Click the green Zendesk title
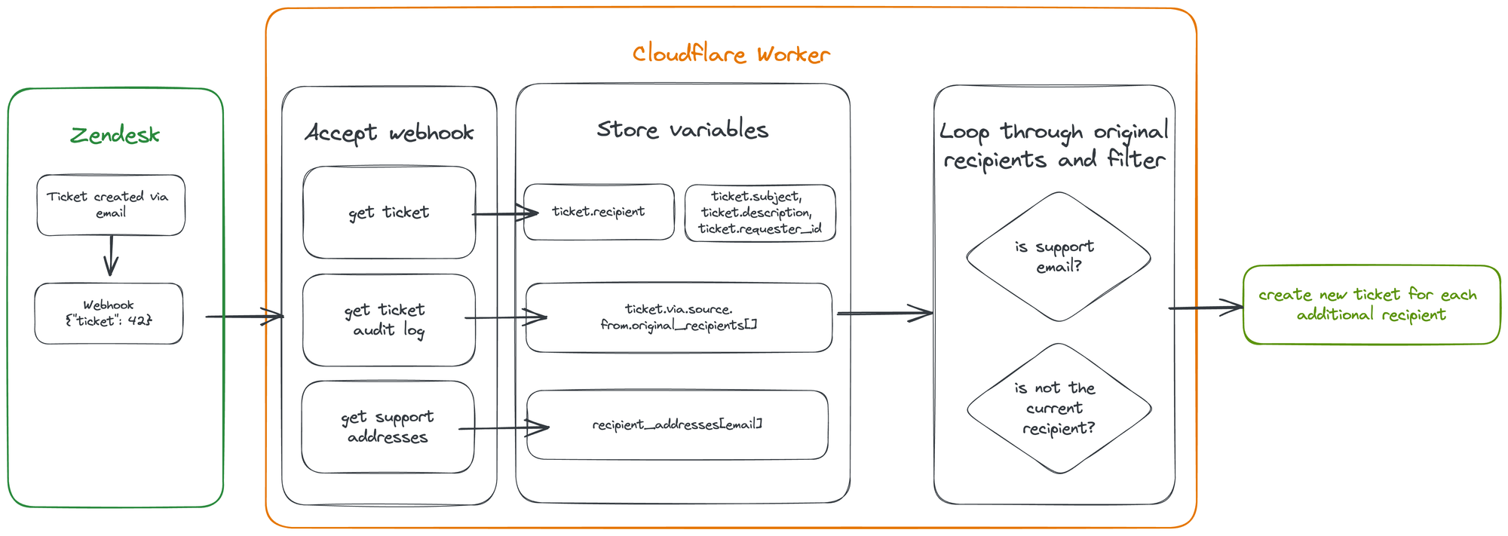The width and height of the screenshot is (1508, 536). [x=115, y=136]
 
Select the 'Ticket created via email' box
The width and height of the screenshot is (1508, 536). [x=111, y=205]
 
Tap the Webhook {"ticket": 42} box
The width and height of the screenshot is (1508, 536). [x=109, y=314]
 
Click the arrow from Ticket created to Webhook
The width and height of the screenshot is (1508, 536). [x=112, y=256]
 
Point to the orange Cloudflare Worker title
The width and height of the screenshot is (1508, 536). [x=731, y=54]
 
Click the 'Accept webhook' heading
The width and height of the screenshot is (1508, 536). [x=389, y=133]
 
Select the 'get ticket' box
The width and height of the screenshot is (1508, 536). [x=389, y=213]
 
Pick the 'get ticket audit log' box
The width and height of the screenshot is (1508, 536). [x=389, y=320]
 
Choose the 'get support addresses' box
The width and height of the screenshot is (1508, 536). [x=388, y=427]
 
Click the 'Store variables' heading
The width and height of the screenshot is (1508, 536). [x=682, y=130]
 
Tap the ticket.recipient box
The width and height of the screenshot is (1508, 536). [x=599, y=212]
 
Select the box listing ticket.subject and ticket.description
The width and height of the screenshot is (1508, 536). [x=760, y=213]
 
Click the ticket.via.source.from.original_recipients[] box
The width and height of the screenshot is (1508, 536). [x=679, y=317]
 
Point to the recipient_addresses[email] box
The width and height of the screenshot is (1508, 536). [x=677, y=424]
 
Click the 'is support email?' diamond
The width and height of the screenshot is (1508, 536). [x=1059, y=257]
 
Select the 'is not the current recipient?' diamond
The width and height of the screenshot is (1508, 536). [x=1059, y=409]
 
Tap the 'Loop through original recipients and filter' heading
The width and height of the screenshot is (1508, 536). [x=1054, y=145]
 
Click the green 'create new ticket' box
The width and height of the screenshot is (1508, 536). [x=1371, y=305]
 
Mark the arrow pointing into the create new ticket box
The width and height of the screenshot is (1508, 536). [x=1206, y=308]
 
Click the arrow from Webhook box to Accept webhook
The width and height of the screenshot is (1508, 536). [x=244, y=317]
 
